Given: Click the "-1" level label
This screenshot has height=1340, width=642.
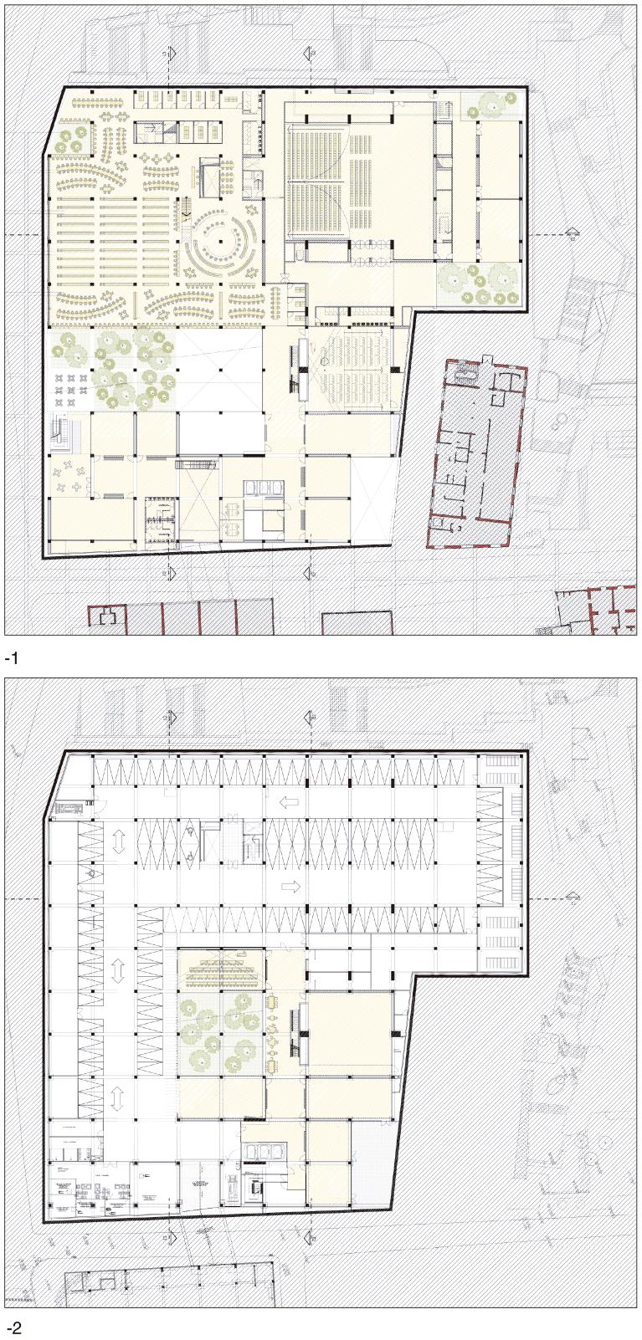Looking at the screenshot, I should pos(11,658).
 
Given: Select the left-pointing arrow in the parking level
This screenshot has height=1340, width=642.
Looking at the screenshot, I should pos(289,802).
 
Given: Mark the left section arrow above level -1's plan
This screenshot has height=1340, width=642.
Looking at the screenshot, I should pos(172,53).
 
